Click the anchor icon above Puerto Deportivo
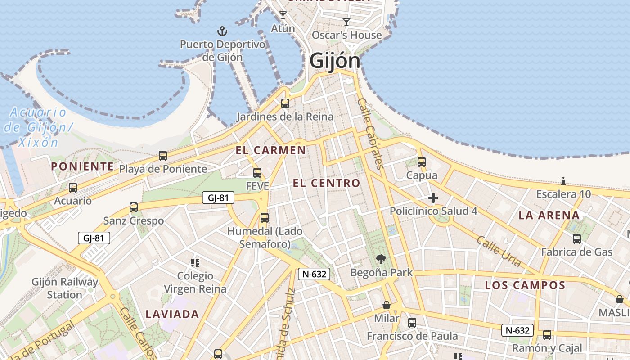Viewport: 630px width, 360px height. pos(222,31)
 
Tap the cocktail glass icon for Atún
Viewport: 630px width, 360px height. pos(283,15)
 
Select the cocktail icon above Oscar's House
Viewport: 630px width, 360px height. pos(346,22)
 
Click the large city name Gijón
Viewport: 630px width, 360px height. pos(335,61)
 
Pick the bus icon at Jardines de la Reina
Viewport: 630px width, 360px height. pos(285,103)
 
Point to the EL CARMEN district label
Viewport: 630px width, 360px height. pos(271,150)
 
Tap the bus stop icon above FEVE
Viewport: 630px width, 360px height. pos(257,173)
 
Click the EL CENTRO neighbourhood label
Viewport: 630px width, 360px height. pos(326,183)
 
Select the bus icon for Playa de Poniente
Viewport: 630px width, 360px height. pos(163,156)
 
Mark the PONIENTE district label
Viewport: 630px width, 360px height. pos(82,166)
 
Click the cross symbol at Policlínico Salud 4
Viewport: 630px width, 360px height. pos(433,198)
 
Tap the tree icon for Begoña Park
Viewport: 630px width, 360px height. pos(381,259)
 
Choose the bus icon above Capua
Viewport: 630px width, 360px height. pos(422,162)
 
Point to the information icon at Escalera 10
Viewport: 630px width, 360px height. pos(563,181)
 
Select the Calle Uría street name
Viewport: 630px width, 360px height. pos(499,251)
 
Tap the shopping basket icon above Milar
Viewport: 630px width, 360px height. pos(387,305)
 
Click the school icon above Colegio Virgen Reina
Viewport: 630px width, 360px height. pos(195,262)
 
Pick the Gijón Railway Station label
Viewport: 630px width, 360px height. pos(65,288)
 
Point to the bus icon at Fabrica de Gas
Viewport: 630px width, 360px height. pos(577,238)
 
